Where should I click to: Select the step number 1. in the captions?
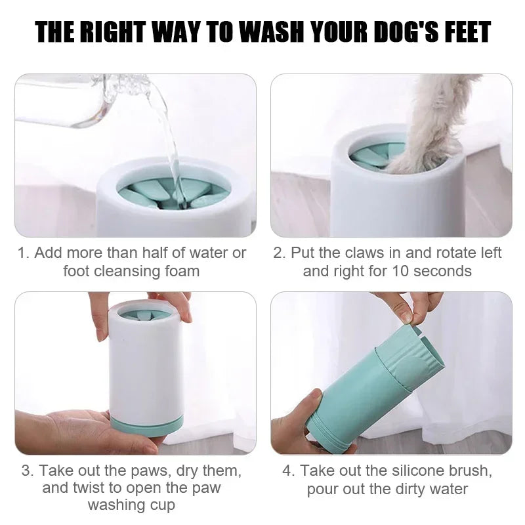24,253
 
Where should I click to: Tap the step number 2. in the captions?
280,253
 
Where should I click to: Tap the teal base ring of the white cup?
146,424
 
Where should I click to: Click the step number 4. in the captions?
289,471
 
